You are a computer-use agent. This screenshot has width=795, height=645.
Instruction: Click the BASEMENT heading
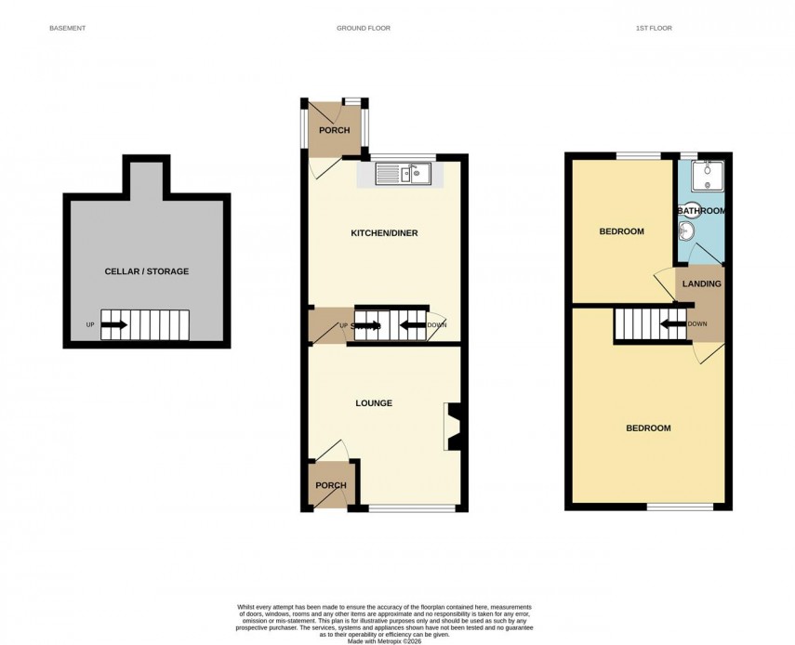67,29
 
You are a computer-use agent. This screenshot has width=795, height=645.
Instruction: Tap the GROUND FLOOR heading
364,29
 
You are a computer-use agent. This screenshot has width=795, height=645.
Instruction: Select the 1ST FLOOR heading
653,29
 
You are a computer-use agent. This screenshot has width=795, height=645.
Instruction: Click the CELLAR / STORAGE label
146,271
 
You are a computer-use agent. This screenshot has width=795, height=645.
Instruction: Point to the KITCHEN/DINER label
384,232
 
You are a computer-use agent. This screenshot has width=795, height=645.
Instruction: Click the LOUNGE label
373,403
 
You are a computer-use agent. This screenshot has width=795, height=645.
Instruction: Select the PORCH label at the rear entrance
334,130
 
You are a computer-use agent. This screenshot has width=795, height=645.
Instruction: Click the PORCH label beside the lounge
330,485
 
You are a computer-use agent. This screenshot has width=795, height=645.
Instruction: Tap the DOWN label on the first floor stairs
696,323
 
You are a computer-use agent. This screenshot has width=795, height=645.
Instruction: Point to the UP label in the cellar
90,324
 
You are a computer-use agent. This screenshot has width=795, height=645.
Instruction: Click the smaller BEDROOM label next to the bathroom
621,231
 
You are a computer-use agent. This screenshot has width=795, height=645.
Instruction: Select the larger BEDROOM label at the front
648,428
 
